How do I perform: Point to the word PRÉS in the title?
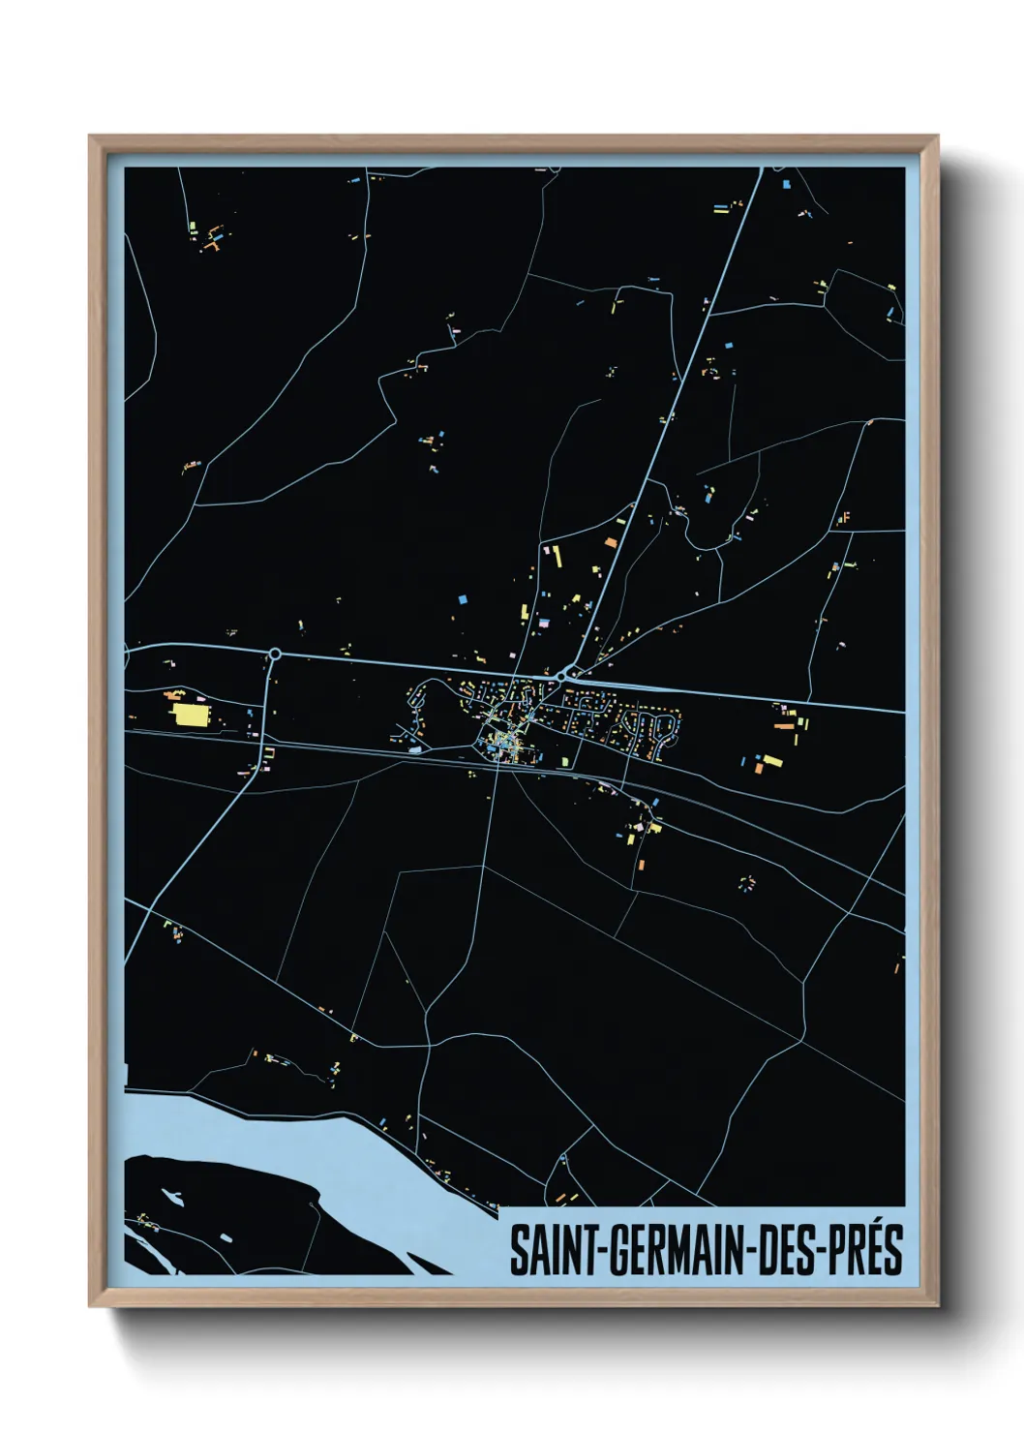pyautogui.click(x=864, y=1250)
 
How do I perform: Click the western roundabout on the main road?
pyautogui.click(x=275, y=654)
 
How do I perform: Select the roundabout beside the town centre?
pyautogui.click(x=562, y=675)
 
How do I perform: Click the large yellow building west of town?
pyautogui.click(x=190, y=715)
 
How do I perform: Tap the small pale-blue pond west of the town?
pyautogui.click(x=415, y=748)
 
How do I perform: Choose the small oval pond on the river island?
pyautogui.click(x=225, y=1238)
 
